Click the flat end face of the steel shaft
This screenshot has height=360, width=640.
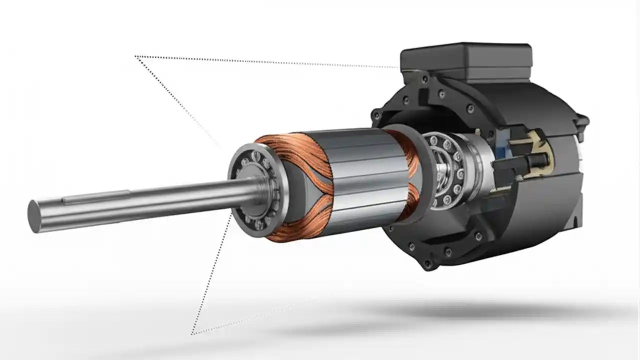34,216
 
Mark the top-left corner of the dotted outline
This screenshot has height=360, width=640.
136,56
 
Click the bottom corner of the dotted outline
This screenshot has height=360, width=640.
191,333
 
